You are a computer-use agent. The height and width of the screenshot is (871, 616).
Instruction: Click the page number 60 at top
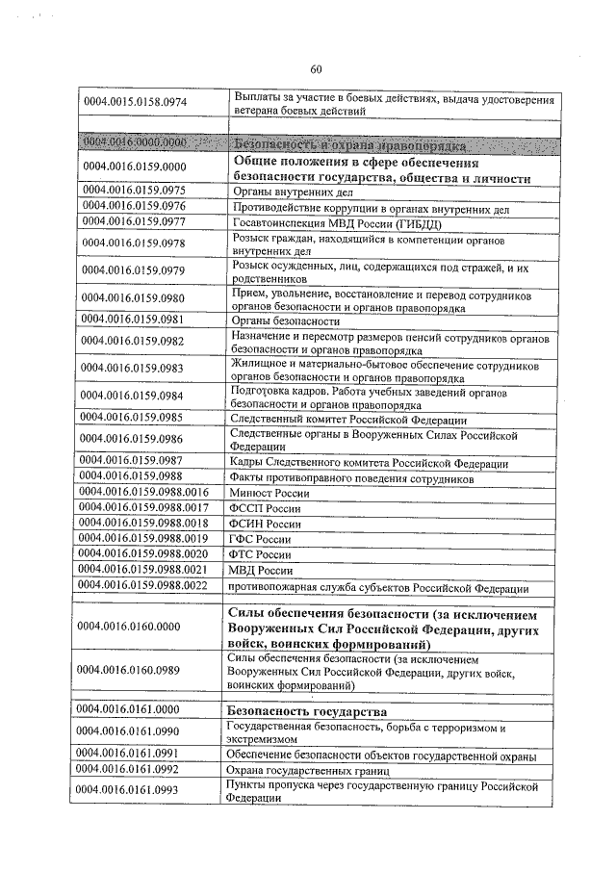(316, 68)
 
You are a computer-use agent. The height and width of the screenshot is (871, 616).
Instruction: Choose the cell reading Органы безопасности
(287, 320)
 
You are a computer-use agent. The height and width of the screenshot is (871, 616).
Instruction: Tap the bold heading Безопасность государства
(306, 710)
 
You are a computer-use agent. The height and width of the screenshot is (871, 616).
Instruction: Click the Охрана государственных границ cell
(307, 771)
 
